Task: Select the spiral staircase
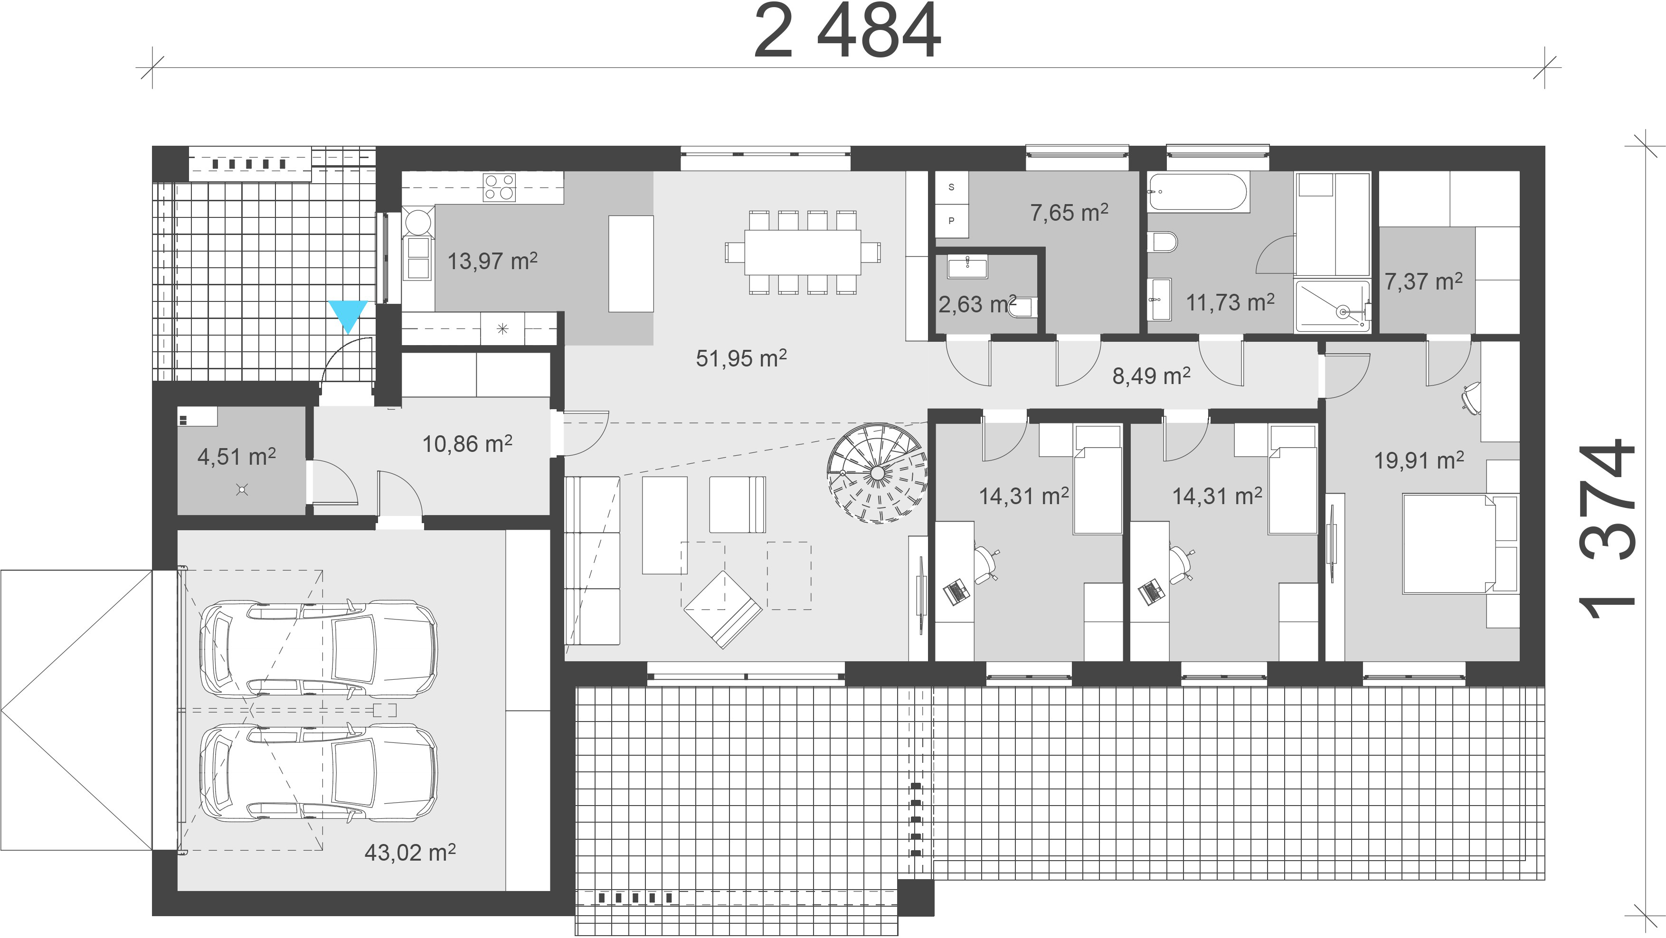pyautogui.click(x=877, y=473)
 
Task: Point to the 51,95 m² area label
pyautogui.click(x=741, y=357)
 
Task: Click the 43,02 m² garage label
pyautogui.click(x=410, y=852)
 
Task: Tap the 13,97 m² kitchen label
pyautogui.click(x=492, y=261)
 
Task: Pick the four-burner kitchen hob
pyautogui.click(x=499, y=187)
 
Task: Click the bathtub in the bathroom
pyautogui.click(x=1198, y=191)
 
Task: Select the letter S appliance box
pyautogui.click(x=951, y=188)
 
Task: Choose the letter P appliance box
pyautogui.click(x=951, y=220)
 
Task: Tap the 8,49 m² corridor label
pyautogui.click(x=1151, y=375)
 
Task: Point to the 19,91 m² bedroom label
pyautogui.click(x=1419, y=460)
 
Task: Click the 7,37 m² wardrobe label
pyautogui.click(x=1423, y=281)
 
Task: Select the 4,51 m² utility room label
pyautogui.click(x=237, y=457)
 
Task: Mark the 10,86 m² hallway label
pyautogui.click(x=467, y=443)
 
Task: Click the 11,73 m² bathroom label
pyautogui.click(x=1230, y=302)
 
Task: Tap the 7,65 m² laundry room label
pyautogui.click(x=1069, y=212)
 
